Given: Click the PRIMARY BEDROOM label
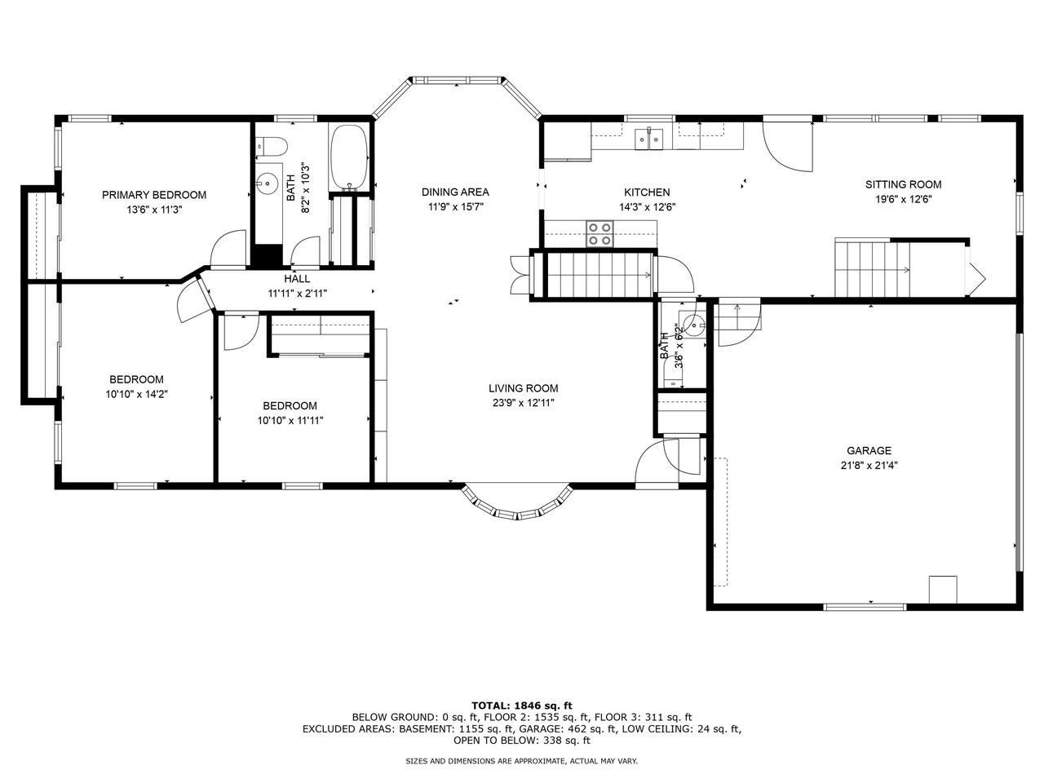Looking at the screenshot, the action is (x=154, y=194).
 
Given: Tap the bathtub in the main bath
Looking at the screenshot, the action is (x=349, y=157).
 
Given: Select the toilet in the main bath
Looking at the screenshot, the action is (x=271, y=146).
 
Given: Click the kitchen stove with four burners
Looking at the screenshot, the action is (x=599, y=234).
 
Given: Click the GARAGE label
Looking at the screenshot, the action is (x=869, y=450).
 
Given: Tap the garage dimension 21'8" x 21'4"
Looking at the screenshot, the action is (x=869, y=465).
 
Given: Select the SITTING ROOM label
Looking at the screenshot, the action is (x=903, y=184).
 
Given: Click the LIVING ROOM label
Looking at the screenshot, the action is (x=523, y=388).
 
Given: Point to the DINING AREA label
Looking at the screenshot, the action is (x=455, y=192).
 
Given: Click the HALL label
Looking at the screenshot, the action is (x=297, y=279).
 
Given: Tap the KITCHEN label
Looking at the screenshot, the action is (x=647, y=192).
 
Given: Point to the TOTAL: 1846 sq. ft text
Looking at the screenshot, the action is (x=522, y=706).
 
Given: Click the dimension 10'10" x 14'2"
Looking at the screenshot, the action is (x=137, y=394).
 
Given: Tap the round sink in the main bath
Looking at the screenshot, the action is (x=268, y=182).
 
